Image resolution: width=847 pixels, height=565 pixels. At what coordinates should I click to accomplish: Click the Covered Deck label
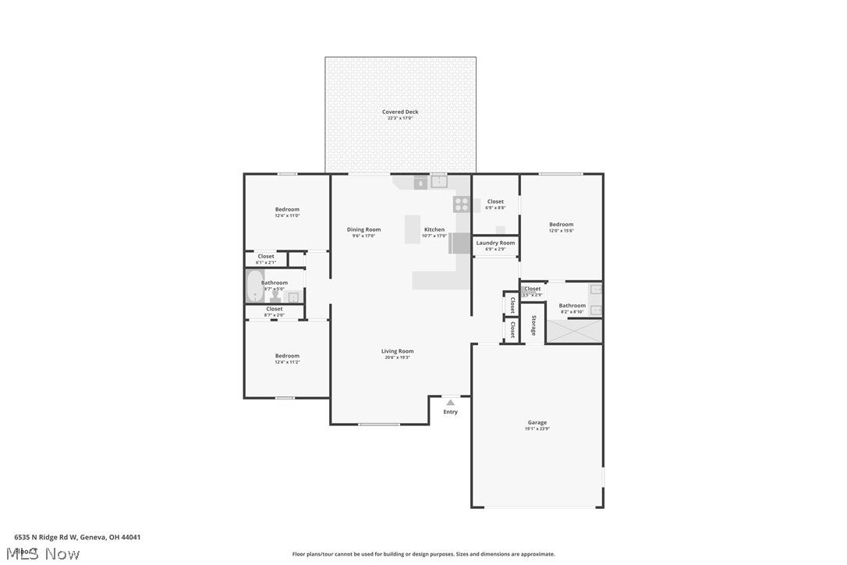point(400,112)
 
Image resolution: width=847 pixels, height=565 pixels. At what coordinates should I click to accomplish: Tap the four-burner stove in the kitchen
point(462,204)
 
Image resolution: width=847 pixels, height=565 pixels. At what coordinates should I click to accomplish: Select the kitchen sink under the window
point(439,182)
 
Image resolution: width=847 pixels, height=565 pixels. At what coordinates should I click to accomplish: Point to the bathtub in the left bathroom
point(255,286)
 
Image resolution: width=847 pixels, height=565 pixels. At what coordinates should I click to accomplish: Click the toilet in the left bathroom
point(275,295)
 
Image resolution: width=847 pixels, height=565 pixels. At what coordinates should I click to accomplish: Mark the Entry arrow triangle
point(450,403)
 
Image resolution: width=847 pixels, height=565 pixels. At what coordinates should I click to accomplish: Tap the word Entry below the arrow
point(451,412)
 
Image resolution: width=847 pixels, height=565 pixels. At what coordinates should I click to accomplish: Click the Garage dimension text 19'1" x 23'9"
point(537,428)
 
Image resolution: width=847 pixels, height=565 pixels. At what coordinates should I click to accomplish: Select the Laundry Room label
point(495,243)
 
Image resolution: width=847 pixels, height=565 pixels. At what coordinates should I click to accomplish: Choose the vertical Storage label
point(533,325)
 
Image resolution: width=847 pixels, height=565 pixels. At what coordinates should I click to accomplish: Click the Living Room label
point(397,351)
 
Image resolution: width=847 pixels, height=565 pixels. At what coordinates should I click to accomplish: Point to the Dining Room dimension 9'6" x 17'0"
point(363,235)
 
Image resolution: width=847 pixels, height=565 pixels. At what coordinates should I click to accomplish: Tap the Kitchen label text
point(434,229)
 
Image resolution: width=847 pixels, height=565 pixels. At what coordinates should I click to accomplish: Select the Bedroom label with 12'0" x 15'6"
point(561,225)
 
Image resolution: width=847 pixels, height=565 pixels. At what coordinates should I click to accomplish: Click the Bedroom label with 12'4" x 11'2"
point(287,356)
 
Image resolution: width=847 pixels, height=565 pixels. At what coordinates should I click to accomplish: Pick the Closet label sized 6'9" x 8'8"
point(495,201)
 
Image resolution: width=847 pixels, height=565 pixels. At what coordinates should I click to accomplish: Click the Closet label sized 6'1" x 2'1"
point(266,256)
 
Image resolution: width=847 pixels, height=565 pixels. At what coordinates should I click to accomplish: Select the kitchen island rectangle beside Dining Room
point(413,229)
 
